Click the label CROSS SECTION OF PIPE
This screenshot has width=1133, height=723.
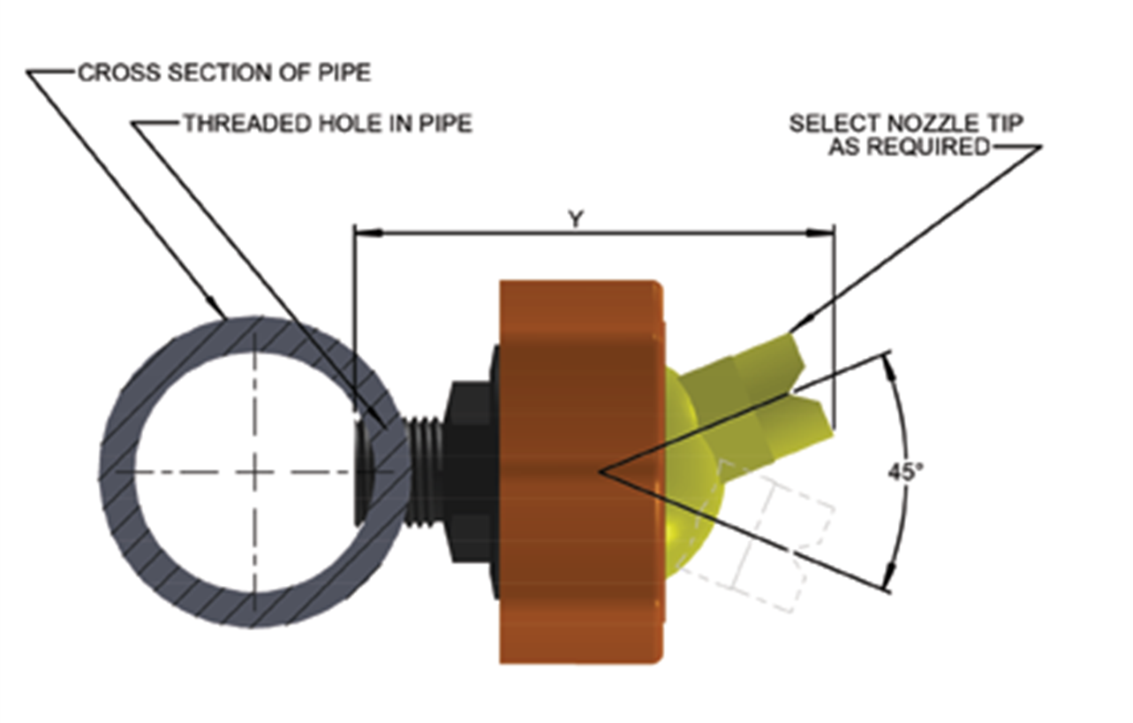(x=224, y=72)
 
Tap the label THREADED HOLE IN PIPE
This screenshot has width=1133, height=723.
(x=327, y=123)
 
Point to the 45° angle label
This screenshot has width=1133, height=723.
(x=905, y=471)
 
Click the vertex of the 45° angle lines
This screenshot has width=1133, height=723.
(x=600, y=472)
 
